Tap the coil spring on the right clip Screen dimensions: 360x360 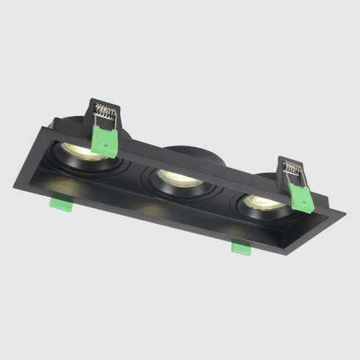293,170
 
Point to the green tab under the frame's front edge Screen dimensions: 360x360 240,248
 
